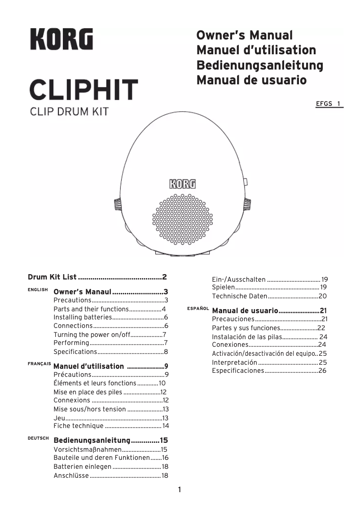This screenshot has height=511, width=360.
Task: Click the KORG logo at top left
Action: click(x=61, y=39)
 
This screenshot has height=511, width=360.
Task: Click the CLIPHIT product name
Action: click(x=83, y=89)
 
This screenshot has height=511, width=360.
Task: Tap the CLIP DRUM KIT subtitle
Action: click(x=69, y=111)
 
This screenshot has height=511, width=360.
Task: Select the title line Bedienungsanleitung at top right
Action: click(x=259, y=65)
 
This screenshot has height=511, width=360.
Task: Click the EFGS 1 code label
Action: click(x=329, y=104)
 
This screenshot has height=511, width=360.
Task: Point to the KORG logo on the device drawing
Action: click(x=182, y=184)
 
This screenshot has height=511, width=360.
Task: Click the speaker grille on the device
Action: click(x=183, y=219)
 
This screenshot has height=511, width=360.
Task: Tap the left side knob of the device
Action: click(x=118, y=205)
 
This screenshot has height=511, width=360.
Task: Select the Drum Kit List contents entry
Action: click(x=97, y=277)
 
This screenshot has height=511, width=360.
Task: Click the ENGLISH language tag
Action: click(x=38, y=290)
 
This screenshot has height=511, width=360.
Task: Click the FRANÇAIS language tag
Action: click(x=39, y=364)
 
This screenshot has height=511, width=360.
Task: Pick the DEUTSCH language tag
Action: click(x=38, y=438)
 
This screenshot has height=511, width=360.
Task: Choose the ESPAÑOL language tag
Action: click(x=198, y=309)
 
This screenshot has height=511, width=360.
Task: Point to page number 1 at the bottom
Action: click(x=180, y=489)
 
